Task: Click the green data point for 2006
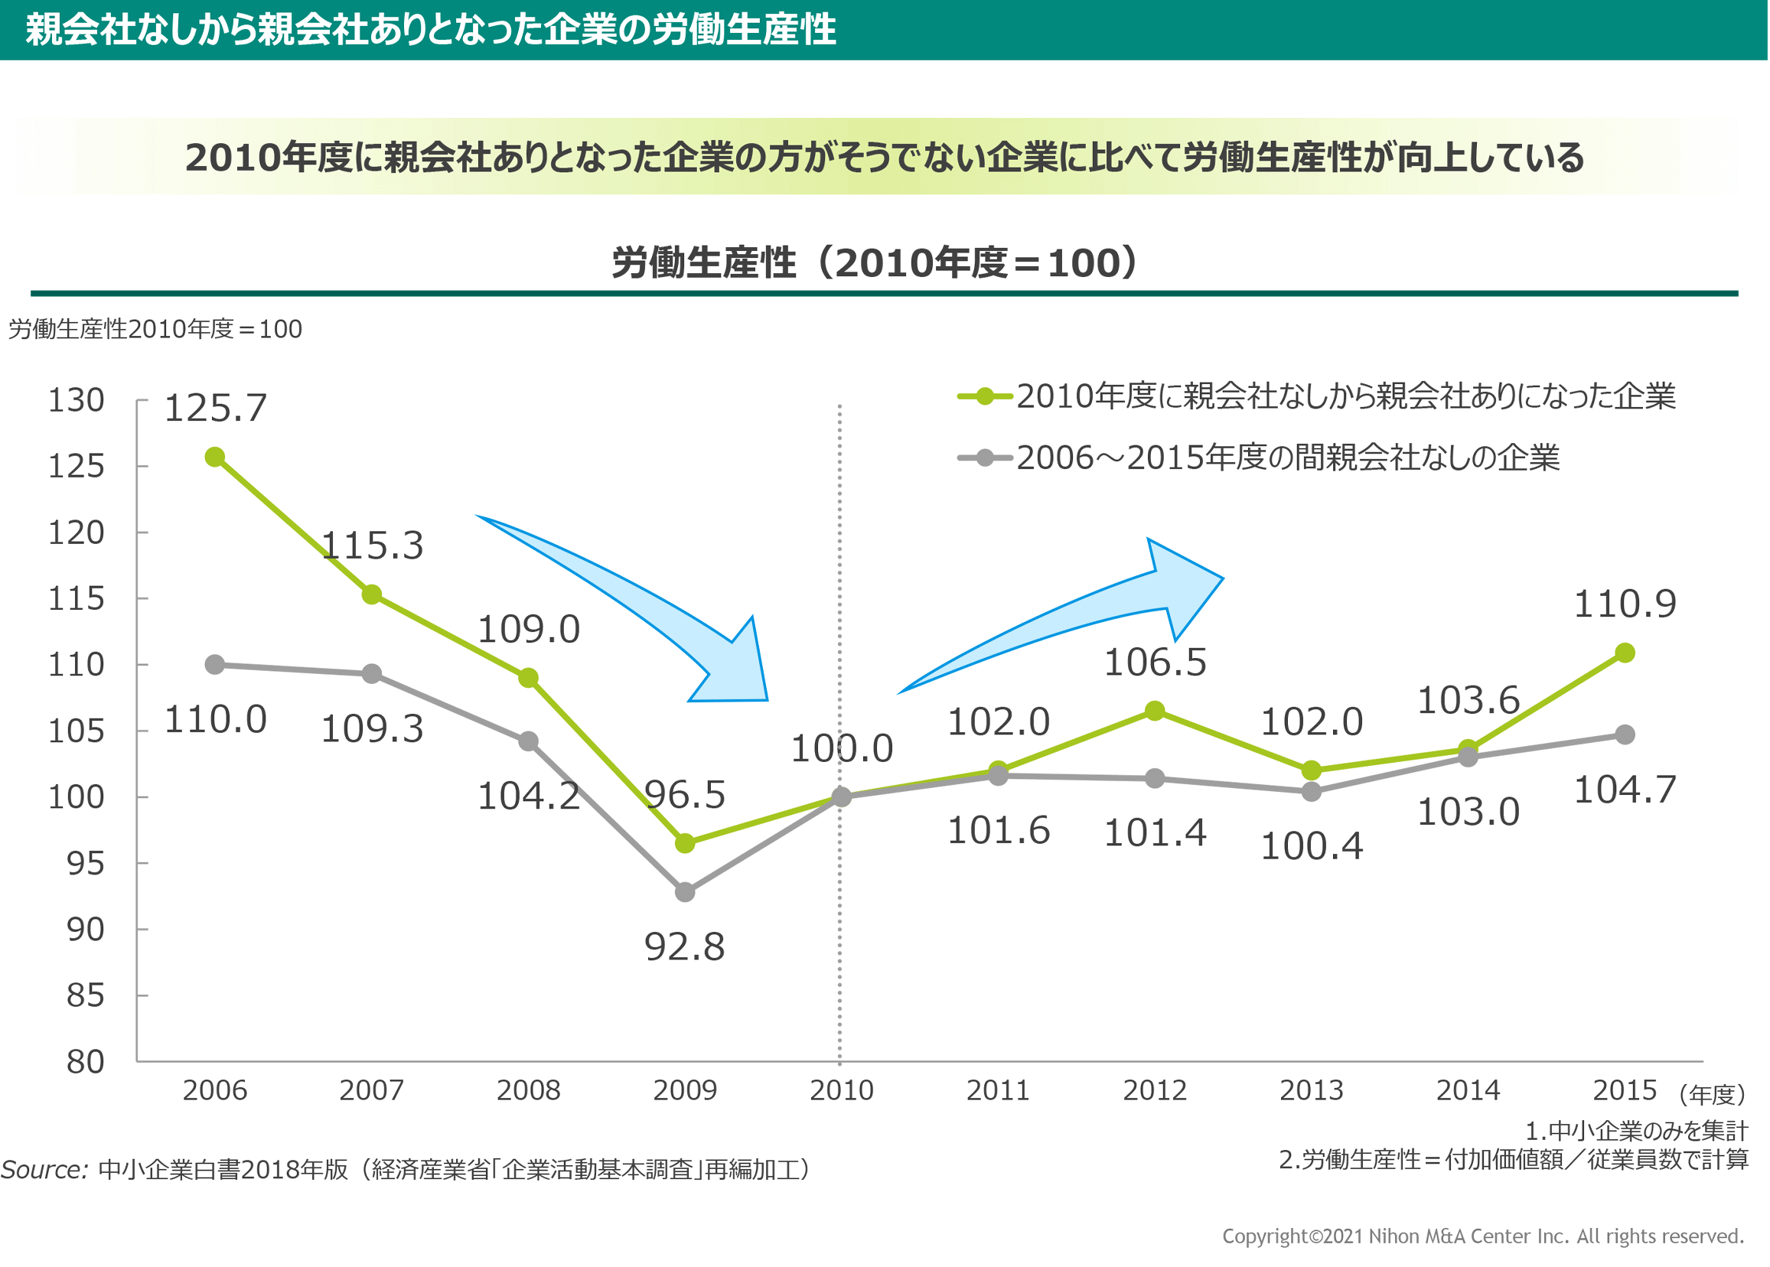pos(214,457)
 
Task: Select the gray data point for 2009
pos(684,891)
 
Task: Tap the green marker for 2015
pos(1623,652)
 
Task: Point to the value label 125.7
pos(215,408)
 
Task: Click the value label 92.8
pos(684,946)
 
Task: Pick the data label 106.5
pos(1155,663)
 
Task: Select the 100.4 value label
pos(1312,845)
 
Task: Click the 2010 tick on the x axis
pos(841,1089)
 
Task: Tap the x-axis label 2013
pos(1311,1089)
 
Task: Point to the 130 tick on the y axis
pos(76,400)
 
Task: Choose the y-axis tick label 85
pos(85,995)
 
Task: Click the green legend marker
pos(984,396)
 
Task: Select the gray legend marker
pos(984,458)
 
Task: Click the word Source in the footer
pos(44,1170)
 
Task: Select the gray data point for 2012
pos(1155,778)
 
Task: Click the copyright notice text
pos(1482,1236)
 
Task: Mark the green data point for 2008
pos(528,677)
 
